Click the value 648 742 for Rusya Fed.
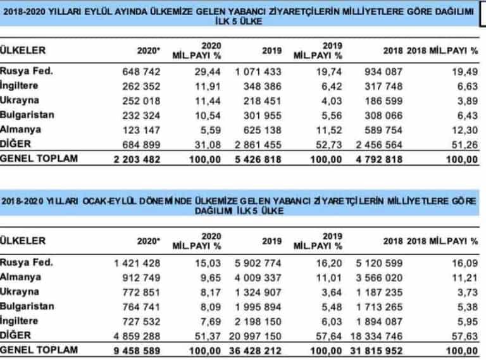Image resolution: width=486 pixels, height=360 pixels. pos(141,71)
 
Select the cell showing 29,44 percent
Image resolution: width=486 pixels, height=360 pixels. pos(208,71)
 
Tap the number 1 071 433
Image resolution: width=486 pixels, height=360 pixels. pos(258,71)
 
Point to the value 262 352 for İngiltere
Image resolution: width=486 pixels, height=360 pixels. pos(141,86)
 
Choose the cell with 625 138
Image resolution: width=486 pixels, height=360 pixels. pos(263,130)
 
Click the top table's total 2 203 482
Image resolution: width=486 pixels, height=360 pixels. pos(137,159)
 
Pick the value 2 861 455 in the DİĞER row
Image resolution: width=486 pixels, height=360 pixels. pos(258,145)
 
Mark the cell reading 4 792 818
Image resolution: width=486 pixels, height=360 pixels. pos(379,159)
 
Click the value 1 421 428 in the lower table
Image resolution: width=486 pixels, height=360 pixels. pos(137,263)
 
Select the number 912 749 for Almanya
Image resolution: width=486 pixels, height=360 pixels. pos(141,278)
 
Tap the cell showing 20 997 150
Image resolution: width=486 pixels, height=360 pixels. pos(256,336)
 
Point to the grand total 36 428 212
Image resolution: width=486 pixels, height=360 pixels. pos(256,351)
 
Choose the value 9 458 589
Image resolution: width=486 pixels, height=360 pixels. pos(137,351)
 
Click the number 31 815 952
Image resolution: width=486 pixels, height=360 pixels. pos(377,351)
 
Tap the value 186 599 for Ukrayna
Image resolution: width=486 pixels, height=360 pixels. pos(383,101)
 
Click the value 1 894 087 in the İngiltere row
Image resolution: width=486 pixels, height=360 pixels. pos(380,321)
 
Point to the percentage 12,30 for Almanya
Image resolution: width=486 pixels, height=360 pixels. pos(465,130)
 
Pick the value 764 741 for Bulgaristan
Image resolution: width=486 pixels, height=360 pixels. pos(141,307)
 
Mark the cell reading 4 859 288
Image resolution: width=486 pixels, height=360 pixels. pos(137,336)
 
